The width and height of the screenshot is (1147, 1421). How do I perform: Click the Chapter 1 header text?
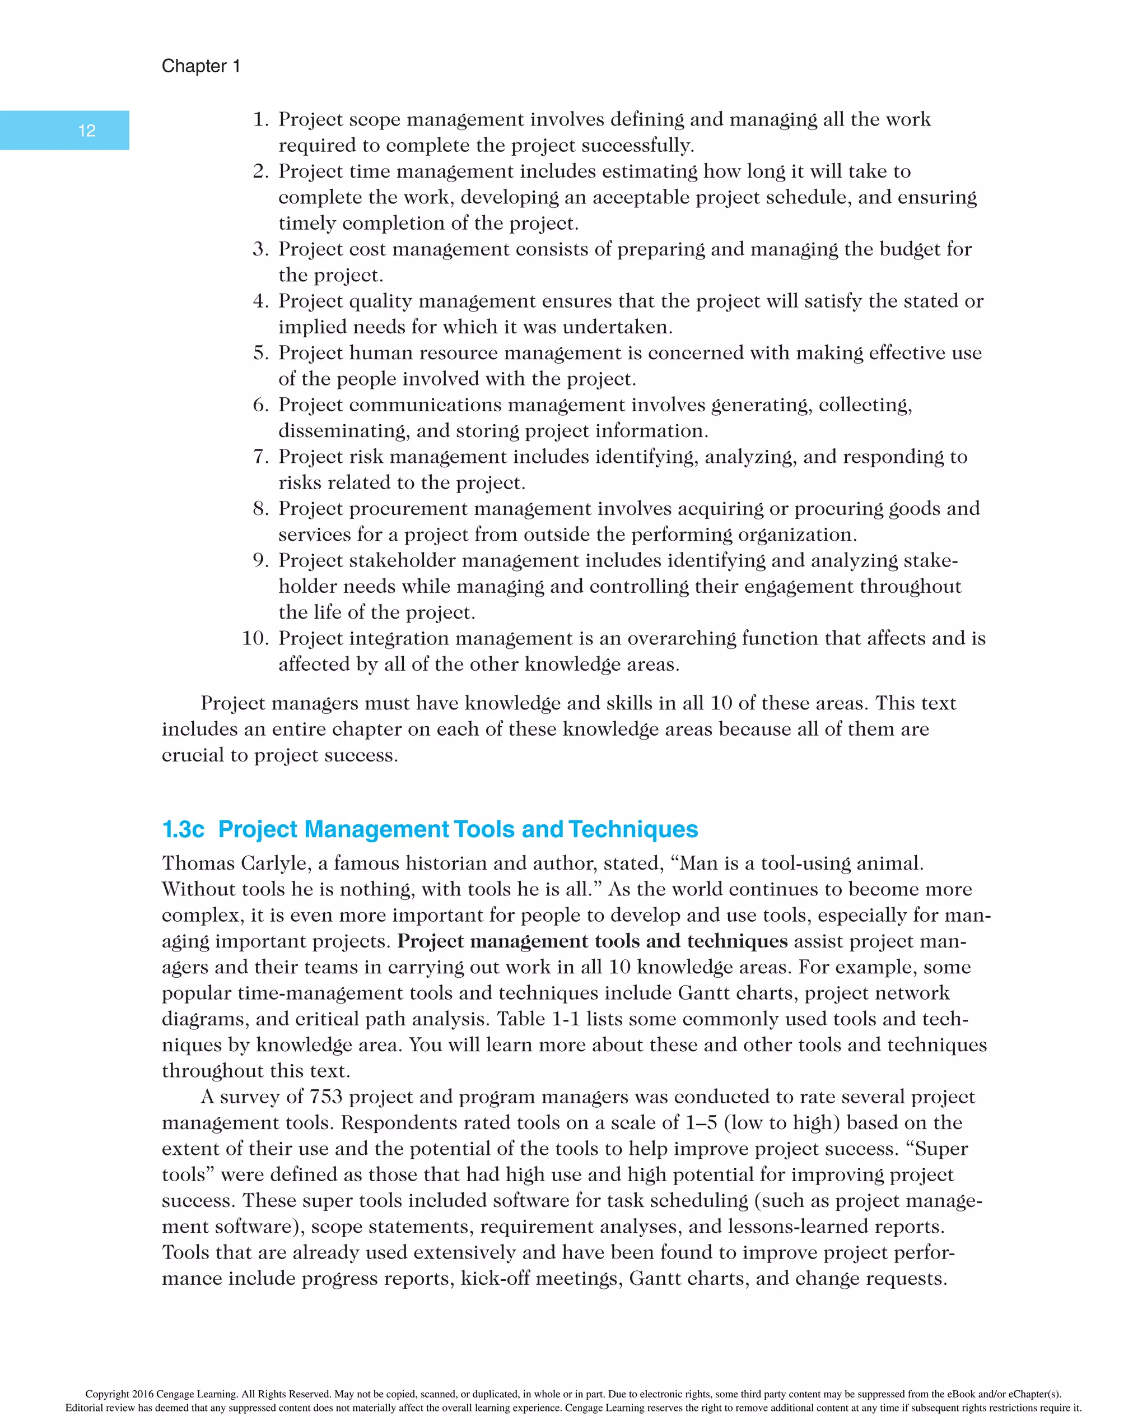point(201,66)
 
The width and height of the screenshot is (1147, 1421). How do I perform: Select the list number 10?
point(254,638)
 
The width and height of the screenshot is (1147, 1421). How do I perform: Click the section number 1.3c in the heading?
point(183,829)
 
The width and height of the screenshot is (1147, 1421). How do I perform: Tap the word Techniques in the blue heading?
point(633,829)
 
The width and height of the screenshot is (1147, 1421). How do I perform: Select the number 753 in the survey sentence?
point(326,1097)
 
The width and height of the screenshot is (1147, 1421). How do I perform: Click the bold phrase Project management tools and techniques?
point(592,941)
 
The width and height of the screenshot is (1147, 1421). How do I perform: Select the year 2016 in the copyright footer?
point(142,1394)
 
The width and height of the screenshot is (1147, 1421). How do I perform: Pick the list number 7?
point(260,457)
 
